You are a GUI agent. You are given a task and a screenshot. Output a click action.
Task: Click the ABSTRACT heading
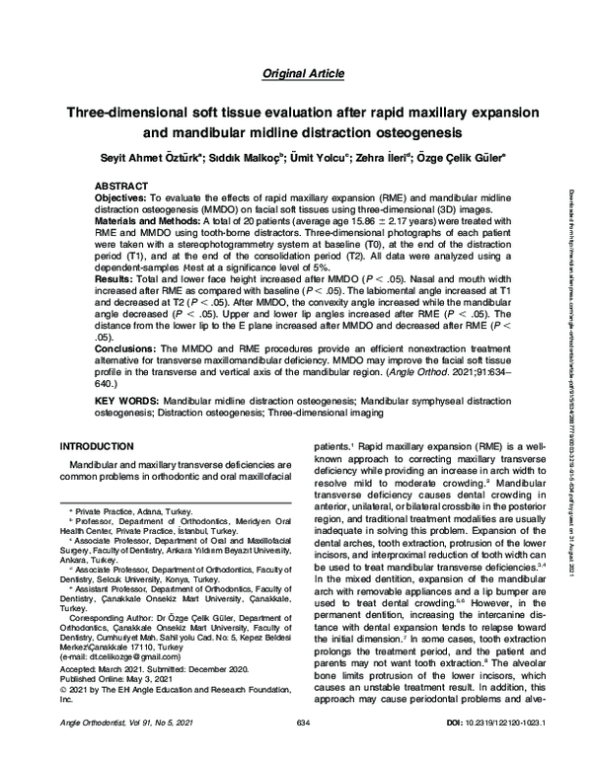(x=125, y=186)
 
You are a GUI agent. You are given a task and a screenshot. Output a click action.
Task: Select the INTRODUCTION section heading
(x=102, y=447)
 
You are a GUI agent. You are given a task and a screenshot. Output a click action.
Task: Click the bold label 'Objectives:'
(x=122, y=198)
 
